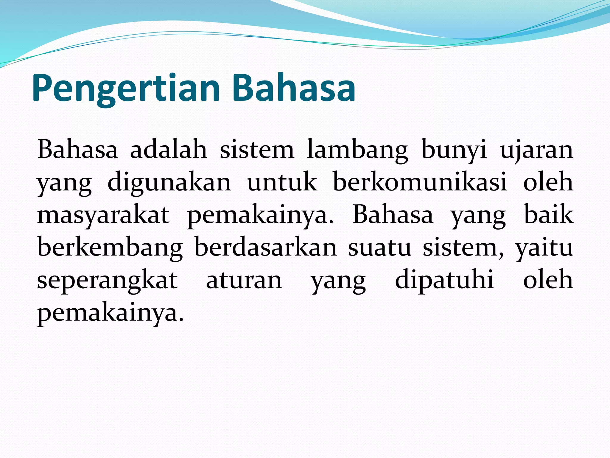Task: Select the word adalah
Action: tap(169, 149)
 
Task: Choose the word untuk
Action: tap(282, 182)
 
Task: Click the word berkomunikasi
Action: tap(420, 182)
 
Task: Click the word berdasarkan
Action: tap(266, 247)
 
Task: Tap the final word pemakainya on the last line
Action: tap(110, 314)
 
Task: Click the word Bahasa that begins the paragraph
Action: tap(77, 149)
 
